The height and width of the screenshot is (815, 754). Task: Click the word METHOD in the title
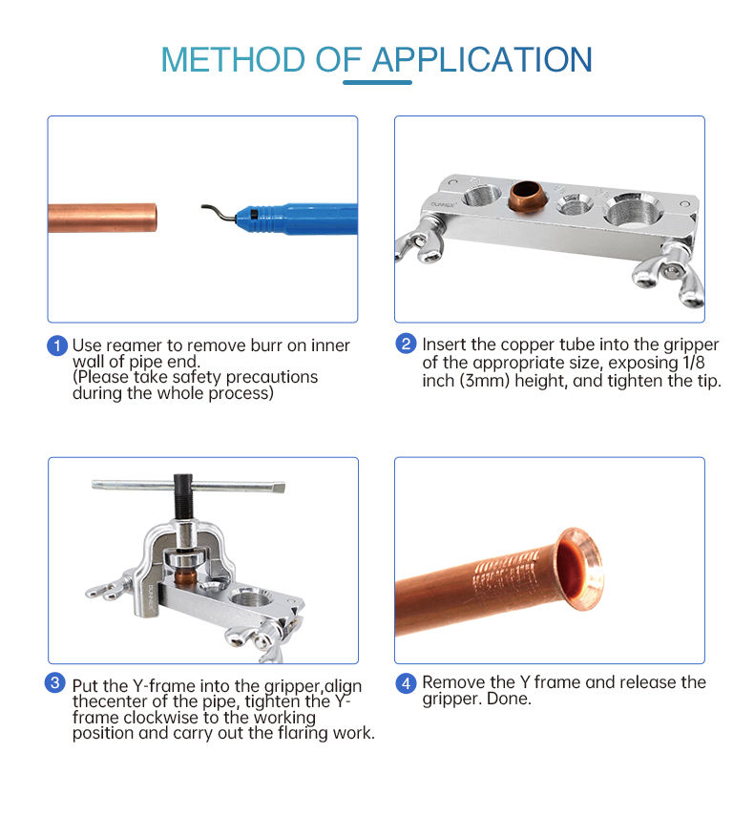[x=233, y=59]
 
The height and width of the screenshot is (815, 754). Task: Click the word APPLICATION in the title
[x=482, y=59]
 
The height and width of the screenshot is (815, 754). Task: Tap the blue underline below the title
[x=378, y=82]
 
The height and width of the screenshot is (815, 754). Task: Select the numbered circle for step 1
[x=57, y=345]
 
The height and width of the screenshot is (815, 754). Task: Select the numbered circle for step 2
[x=406, y=344]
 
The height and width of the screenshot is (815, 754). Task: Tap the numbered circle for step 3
[x=55, y=682]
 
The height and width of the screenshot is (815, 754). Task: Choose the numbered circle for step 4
[x=406, y=683]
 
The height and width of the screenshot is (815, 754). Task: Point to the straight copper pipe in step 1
[x=102, y=218]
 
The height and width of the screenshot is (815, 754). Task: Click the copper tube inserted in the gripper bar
[x=527, y=196]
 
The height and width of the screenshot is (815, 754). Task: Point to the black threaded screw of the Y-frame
[x=182, y=496]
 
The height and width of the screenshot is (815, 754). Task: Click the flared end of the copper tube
[x=579, y=569]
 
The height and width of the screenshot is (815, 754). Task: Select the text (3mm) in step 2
[x=484, y=381]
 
